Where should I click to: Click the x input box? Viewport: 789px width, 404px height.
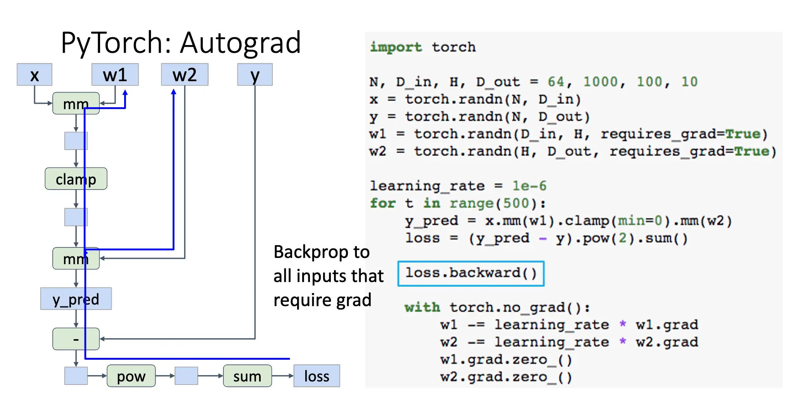click(35, 75)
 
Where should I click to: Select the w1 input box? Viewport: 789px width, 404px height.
click(115, 75)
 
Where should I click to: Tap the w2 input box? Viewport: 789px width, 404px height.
click(185, 75)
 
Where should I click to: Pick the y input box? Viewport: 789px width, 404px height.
click(255, 75)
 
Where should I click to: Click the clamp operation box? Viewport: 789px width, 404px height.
click(76, 179)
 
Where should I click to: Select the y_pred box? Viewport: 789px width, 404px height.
click(76, 299)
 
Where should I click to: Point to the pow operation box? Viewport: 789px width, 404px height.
click(131, 376)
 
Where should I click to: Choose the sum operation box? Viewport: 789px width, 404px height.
click(247, 376)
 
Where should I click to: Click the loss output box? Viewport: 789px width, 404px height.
click(317, 376)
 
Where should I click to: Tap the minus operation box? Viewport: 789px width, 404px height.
click(76, 339)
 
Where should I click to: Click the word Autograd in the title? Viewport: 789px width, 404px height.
click(241, 43)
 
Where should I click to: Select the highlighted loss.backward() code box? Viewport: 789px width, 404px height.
click(471, 273)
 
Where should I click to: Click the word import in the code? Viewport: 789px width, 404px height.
click(395, 47)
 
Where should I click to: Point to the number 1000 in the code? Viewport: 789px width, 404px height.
click(600, 82)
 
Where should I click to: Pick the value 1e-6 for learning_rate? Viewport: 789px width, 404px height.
click(529, 186)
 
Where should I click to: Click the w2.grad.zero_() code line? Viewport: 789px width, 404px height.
click(506, 377)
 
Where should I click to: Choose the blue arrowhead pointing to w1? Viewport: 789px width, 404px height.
click(125, 93)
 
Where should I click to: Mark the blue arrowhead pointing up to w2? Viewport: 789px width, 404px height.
click(173, 92)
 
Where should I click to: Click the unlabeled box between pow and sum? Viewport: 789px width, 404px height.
click(187, 376)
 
